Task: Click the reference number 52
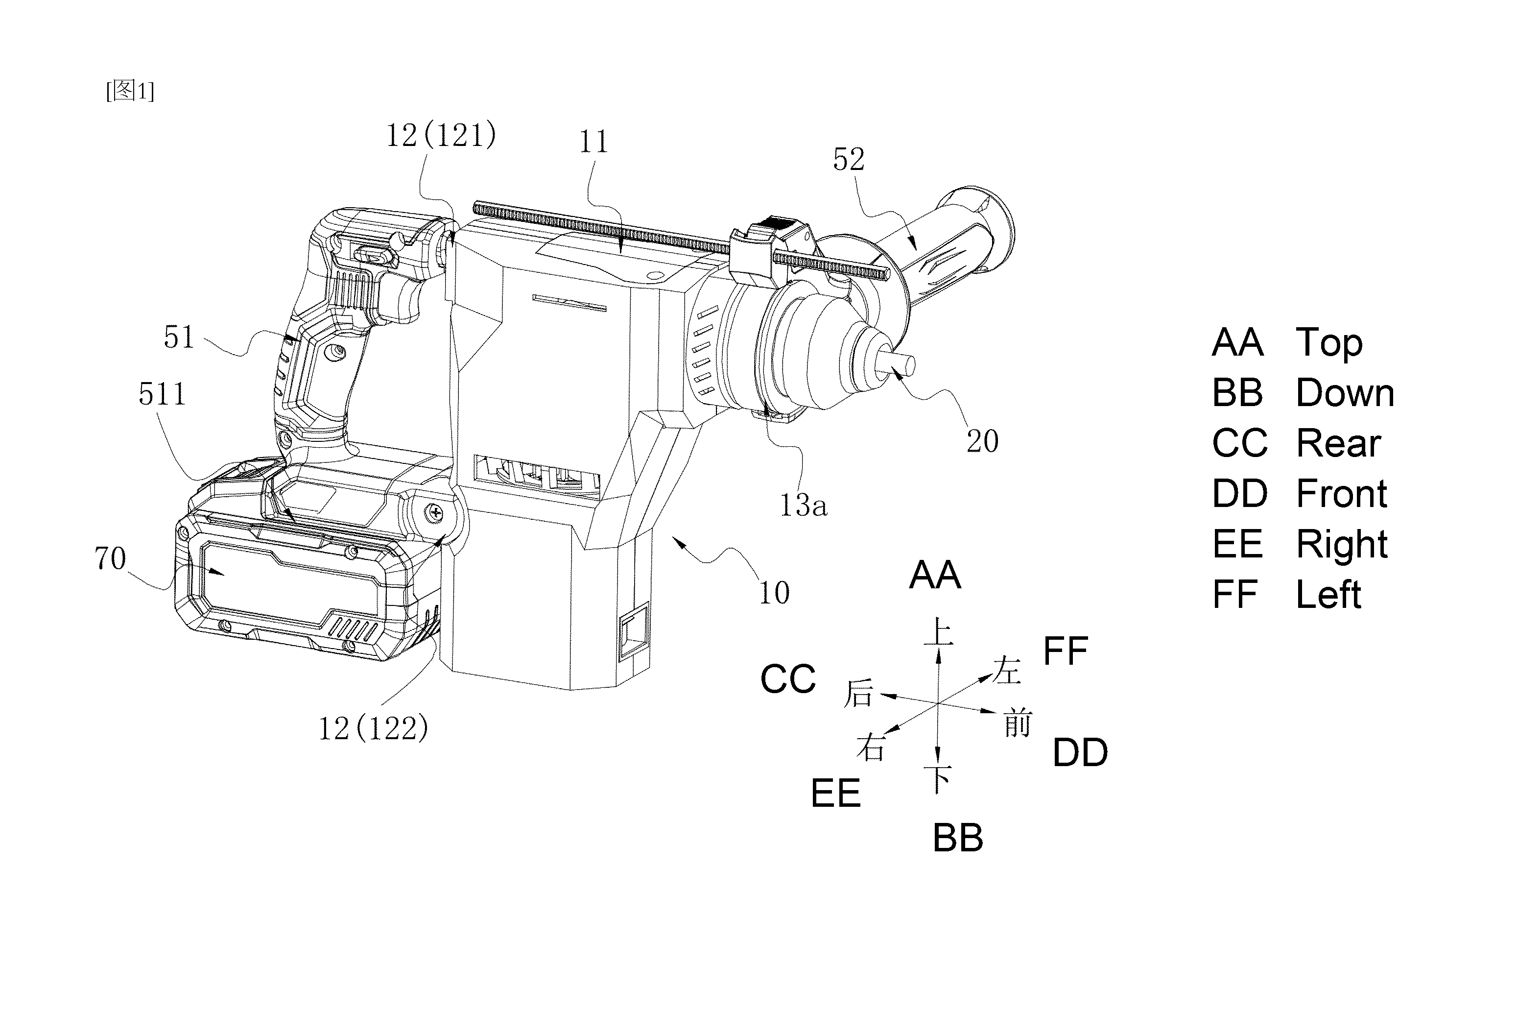pos(849,159)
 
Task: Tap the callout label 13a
pos(803,505)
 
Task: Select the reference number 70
pos(110,559)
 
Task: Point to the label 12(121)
pos(441,136)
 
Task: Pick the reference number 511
pos(162,394)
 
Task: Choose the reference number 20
pos(982,441)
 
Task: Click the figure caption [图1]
pos(130,91)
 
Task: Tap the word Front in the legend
pos(1342,494)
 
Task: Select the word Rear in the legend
pos(1338,443)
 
